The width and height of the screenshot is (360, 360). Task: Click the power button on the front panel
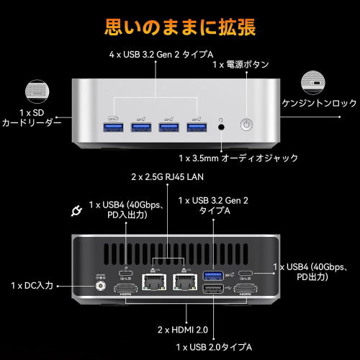246,125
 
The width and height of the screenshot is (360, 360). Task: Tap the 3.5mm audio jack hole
221,127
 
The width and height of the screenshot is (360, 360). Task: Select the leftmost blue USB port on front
113,127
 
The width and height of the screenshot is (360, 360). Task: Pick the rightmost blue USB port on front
197,127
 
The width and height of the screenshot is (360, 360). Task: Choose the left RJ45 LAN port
154,282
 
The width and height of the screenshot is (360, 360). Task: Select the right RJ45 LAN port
185,282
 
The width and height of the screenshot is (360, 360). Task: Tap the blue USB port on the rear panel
213,276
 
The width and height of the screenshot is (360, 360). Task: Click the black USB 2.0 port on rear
213,289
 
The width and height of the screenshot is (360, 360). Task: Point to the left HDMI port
126,289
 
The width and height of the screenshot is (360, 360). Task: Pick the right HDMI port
246,289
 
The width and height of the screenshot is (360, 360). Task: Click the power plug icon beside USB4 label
76,211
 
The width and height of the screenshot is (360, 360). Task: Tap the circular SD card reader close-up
37,92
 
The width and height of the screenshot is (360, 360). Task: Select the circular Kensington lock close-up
313,83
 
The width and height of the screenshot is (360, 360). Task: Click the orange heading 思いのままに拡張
180,27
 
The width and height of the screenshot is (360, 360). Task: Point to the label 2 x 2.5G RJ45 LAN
167,177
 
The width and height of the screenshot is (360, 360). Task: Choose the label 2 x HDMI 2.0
183,330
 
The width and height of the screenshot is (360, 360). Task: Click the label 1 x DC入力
32,286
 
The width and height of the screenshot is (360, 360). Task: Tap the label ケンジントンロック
319,103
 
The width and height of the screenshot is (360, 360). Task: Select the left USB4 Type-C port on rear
126,273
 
